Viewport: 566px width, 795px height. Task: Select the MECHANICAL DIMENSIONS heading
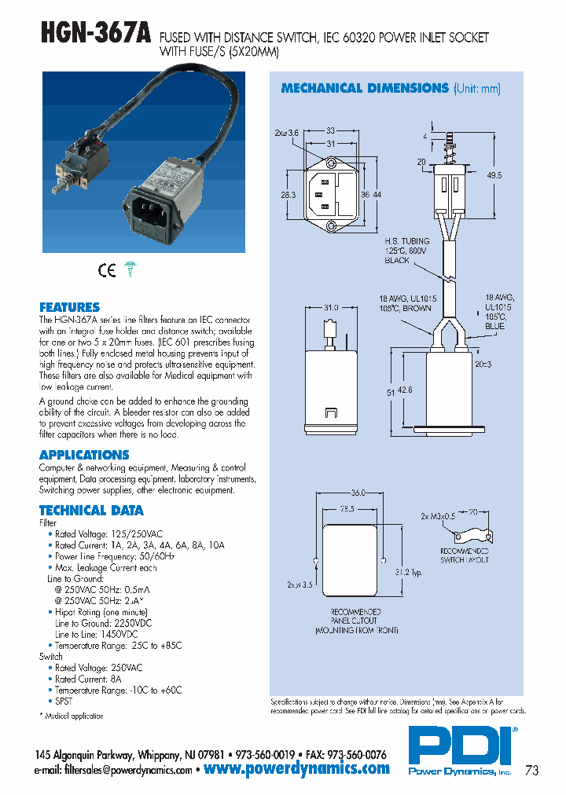coord(365,89)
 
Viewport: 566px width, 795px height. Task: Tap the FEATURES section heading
coord(69,307)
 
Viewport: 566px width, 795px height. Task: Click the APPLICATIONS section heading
coord(84,455)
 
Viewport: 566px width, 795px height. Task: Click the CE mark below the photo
coord(106,271)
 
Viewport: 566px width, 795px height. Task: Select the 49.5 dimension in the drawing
coord(494,175)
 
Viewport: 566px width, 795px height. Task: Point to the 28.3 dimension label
coord(289,194)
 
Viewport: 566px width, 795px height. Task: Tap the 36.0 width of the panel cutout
coord(358,493)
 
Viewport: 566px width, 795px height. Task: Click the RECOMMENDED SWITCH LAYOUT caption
coord(464,555)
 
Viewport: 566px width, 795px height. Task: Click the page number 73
coord(531,771)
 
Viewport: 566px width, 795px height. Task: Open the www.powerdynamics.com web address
coord(296,769)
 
